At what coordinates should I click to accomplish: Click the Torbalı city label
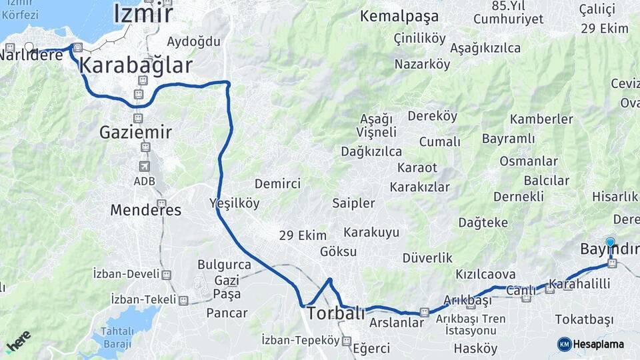click(x=335, y=313)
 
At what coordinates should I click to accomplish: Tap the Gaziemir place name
click(x=135, y=132)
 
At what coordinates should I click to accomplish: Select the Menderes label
click(x=145, y=210)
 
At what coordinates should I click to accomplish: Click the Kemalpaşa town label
click(x=399, y=16)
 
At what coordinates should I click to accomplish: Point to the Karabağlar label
click(x=136, y=65)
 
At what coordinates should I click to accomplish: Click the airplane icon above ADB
click(x=145, y=166)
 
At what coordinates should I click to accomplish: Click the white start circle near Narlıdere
click(x=29, y=48)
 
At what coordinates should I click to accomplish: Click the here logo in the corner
click(x=19, y=341)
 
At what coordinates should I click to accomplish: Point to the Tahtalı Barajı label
click(x=117, y=337)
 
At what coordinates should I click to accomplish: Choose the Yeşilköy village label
click(x=234, y=203)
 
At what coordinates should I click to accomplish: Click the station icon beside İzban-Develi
click(x=167, y=275)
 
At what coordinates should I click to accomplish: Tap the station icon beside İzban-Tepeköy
click(x=346, y=341)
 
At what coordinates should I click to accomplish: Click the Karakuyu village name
click(x=371, y=233)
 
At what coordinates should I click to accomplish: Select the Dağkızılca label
click(x=371, y=151)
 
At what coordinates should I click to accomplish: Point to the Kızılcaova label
click(x=485, y=274)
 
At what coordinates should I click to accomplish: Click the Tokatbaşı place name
click(x=584, y=319)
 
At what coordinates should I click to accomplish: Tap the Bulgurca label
click(x=224, y=264)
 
